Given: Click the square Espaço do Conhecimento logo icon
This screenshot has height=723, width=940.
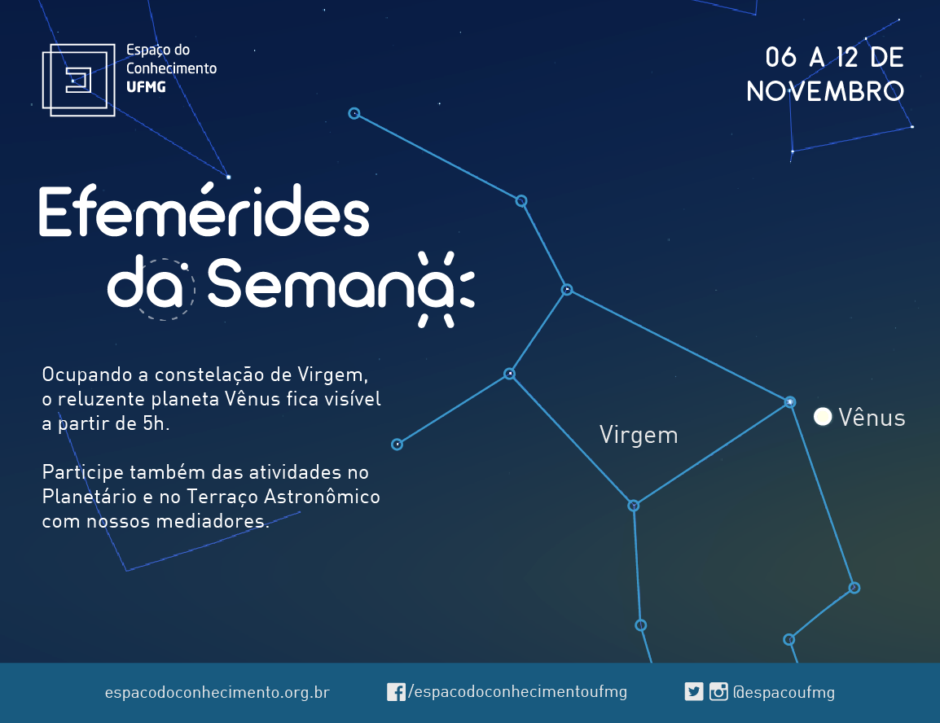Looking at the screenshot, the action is (78, 80).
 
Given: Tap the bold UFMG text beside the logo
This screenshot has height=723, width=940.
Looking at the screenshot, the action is (146, 87).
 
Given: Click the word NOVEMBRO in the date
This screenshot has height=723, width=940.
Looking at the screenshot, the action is (825, 92).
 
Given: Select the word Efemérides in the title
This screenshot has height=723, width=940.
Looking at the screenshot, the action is (204, 210).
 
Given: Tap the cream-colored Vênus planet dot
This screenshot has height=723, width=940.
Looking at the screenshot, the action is (823, 417).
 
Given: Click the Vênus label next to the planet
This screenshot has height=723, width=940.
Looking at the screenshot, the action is (872, 418).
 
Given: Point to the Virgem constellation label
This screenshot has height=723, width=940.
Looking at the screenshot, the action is (639, 436).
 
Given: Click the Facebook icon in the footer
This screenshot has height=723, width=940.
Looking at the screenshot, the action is (396, 692).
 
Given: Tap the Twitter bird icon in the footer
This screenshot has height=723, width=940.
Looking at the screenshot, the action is (694, 692).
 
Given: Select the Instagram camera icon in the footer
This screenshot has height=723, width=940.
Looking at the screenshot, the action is (718, 692).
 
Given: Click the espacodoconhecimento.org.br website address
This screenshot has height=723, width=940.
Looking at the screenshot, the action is (217, 692).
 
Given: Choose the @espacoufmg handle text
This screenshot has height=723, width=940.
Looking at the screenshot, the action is (784, 692).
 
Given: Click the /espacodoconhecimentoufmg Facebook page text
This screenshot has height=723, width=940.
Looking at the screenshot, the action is (517, 692).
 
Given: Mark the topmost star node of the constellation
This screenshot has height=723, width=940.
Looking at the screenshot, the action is (354, 113).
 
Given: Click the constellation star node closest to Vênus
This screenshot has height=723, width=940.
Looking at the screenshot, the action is (790, 402).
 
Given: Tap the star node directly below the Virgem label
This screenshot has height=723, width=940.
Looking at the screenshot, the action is (633, 506).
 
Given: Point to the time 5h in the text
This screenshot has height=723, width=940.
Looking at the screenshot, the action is (153, 423).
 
